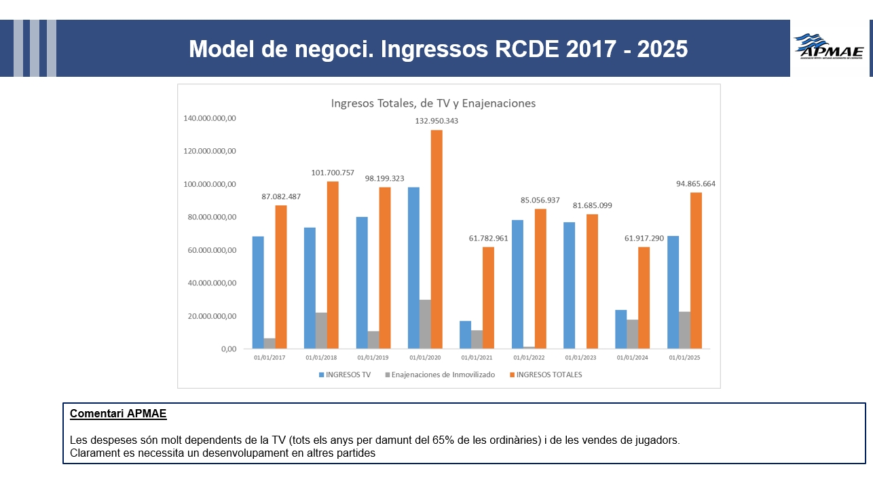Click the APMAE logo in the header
tap(829, 48)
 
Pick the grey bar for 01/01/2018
tap(321, 331)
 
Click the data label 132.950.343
tap(436, 121)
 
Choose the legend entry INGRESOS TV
tap(346, 374)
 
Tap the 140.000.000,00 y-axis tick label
tap(210, 118)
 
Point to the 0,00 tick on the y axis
tap(225, 349)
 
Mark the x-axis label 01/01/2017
tap(270, 357)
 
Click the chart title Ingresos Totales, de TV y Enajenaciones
tap(433, 103)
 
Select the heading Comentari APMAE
tap(118, 413)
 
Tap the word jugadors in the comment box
tap(657, 440)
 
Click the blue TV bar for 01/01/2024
tap(620, 330)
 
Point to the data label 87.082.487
tap(281, 196)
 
